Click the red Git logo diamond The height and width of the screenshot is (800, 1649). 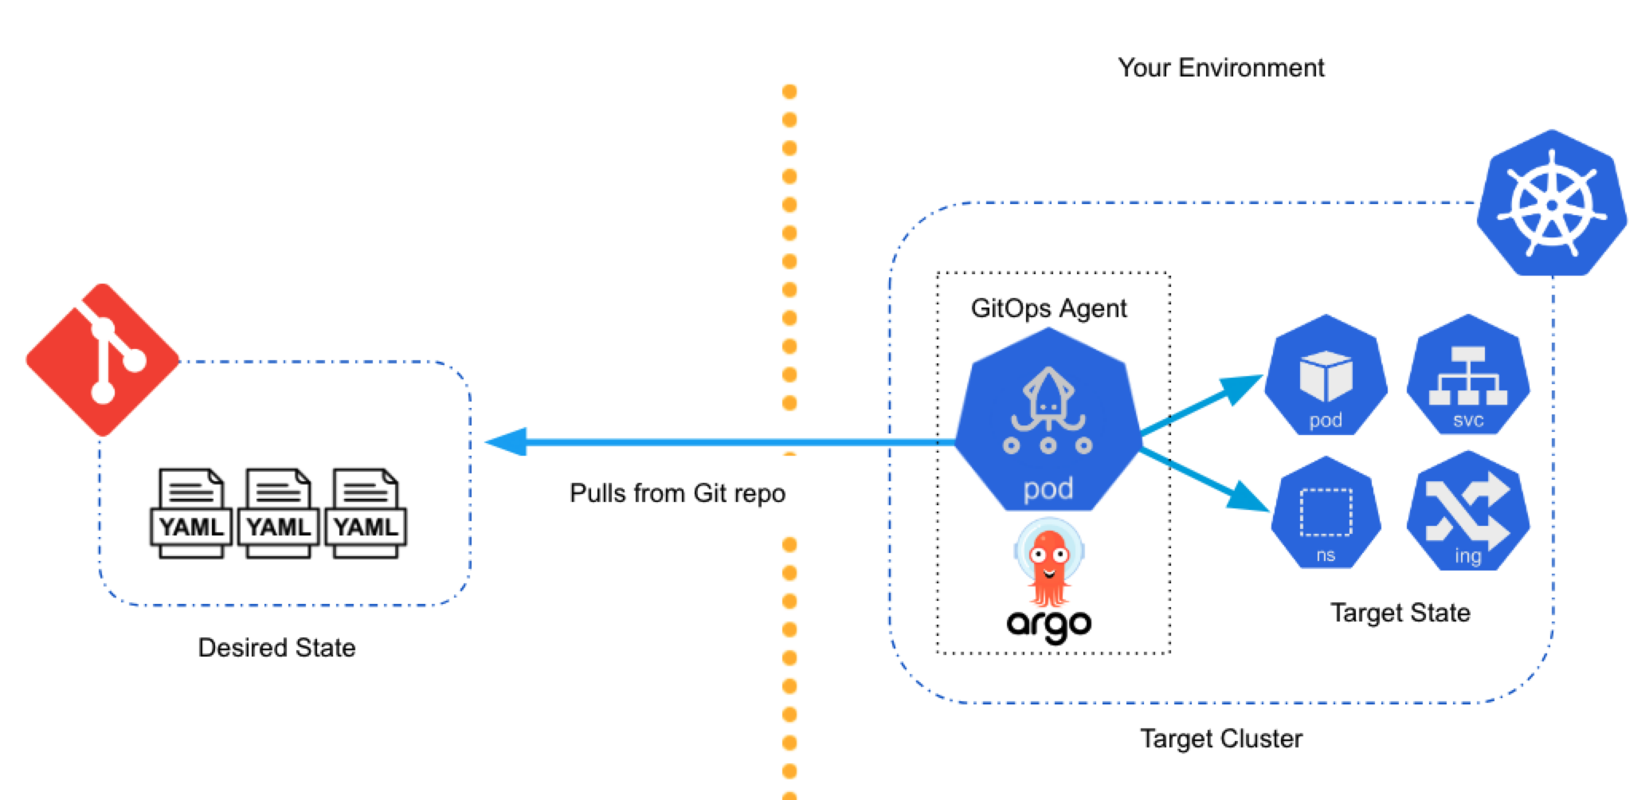[x=102, y=359]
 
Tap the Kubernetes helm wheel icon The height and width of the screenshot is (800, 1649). [x=1551, y=204]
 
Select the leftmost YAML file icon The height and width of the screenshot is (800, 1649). [x=190, y=513]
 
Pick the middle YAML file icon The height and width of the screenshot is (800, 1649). [x=278, y=513]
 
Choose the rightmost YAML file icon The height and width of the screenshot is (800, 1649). [x=365, y=513]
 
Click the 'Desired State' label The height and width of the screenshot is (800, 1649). [x=276, y=647]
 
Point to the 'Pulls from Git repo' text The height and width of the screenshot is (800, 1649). [x=677, y=493]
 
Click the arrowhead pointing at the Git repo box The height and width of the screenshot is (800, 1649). [x=507, y=441]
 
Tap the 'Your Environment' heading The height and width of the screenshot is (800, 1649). [x=1220, y=68]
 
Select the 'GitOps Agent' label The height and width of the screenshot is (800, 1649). [x=1048, y=308]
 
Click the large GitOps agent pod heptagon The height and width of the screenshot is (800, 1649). [x=1048, y=422]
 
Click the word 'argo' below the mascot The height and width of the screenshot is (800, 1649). [x=1048, y=624]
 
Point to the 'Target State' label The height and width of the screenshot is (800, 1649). [x=1400, y=613]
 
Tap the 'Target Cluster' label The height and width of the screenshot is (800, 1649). [x=1220, y=739]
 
